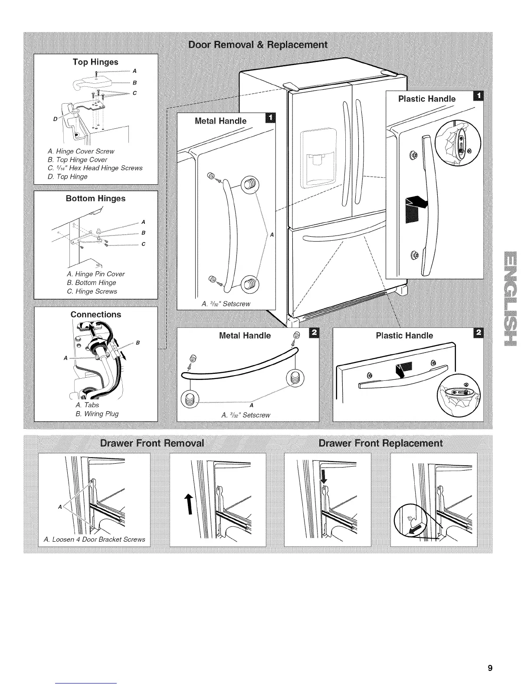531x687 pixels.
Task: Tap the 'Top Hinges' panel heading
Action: point(95,62)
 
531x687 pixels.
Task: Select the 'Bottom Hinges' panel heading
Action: point(95,199)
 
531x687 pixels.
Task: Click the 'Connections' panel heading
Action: point(96,314)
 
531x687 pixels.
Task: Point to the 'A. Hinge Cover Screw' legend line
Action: point(81,151)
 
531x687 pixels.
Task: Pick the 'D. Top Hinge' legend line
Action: point(68,177)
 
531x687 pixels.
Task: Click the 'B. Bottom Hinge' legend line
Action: point(92,283)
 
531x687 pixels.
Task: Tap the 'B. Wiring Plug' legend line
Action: point(97,414)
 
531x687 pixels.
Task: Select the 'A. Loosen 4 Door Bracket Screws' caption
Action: point(95,540)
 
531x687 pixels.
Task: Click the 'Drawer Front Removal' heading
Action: point(152,443)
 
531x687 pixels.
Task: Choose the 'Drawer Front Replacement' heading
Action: point(380,443)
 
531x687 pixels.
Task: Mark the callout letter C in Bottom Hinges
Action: point(143,244)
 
